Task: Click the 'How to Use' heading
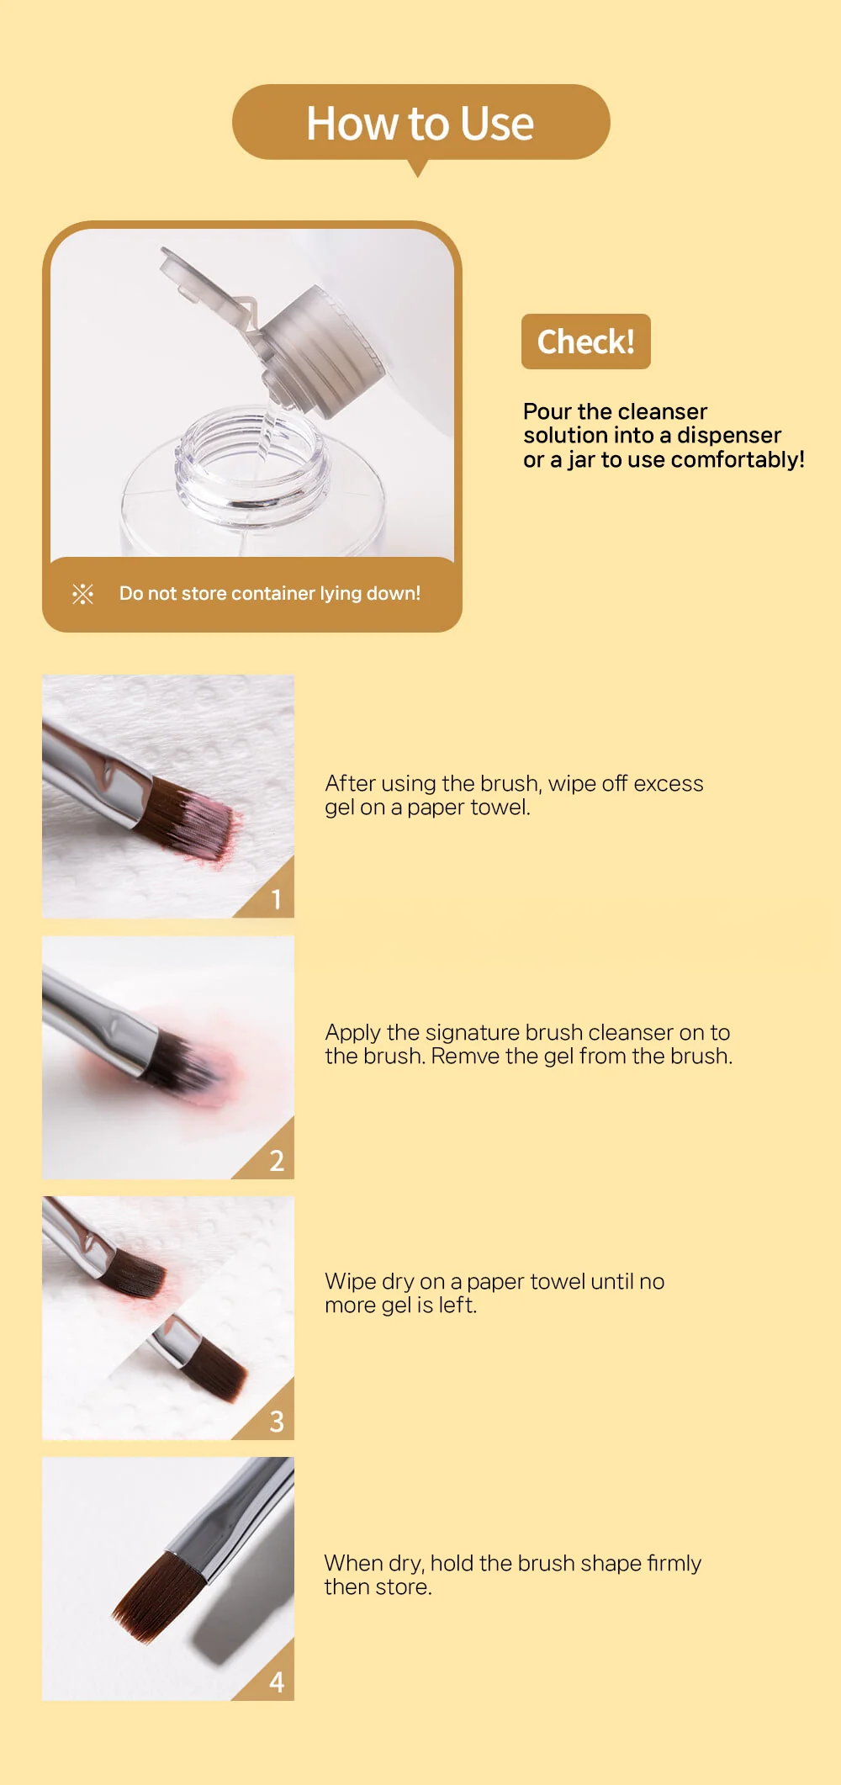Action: (x=420, y=124)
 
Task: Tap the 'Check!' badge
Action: (x=585, y=342)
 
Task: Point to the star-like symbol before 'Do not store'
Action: (x=82, y=594)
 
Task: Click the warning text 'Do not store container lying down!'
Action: (x=269, y=593)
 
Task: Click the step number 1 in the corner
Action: (x=276, y=899)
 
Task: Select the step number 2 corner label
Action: (x=276, y=1161)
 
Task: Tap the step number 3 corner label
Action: (x=276, y=1422)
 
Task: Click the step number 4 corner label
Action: (x=276, y=1682)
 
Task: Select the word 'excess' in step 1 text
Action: (x=668, y=783)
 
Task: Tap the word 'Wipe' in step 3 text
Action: (x=350, y=1281)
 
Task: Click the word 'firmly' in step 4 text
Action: (x=673, y=1563)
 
